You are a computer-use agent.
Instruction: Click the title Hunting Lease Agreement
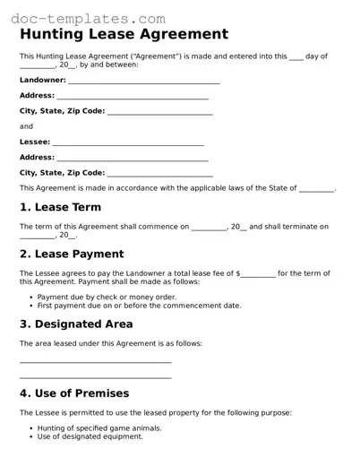124,35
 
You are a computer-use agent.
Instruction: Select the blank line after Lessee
128,142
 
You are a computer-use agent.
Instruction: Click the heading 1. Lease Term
66,207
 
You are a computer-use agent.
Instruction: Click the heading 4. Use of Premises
74,393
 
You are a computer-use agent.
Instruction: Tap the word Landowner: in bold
42,80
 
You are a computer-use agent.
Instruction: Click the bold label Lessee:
35,142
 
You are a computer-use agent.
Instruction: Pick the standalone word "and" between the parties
26,126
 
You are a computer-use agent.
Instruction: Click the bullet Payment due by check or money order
107,296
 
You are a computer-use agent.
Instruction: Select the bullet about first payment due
139,306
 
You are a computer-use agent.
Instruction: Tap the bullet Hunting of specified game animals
105,427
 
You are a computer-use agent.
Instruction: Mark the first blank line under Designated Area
95,362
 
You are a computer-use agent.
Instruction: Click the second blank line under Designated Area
95,377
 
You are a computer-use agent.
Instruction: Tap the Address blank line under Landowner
132,96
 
